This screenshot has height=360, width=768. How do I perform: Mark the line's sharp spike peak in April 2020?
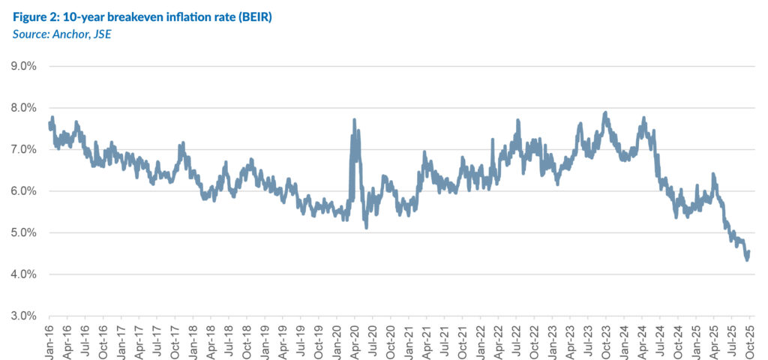(354, 120)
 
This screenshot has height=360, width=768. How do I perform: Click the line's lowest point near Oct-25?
(747, 259)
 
